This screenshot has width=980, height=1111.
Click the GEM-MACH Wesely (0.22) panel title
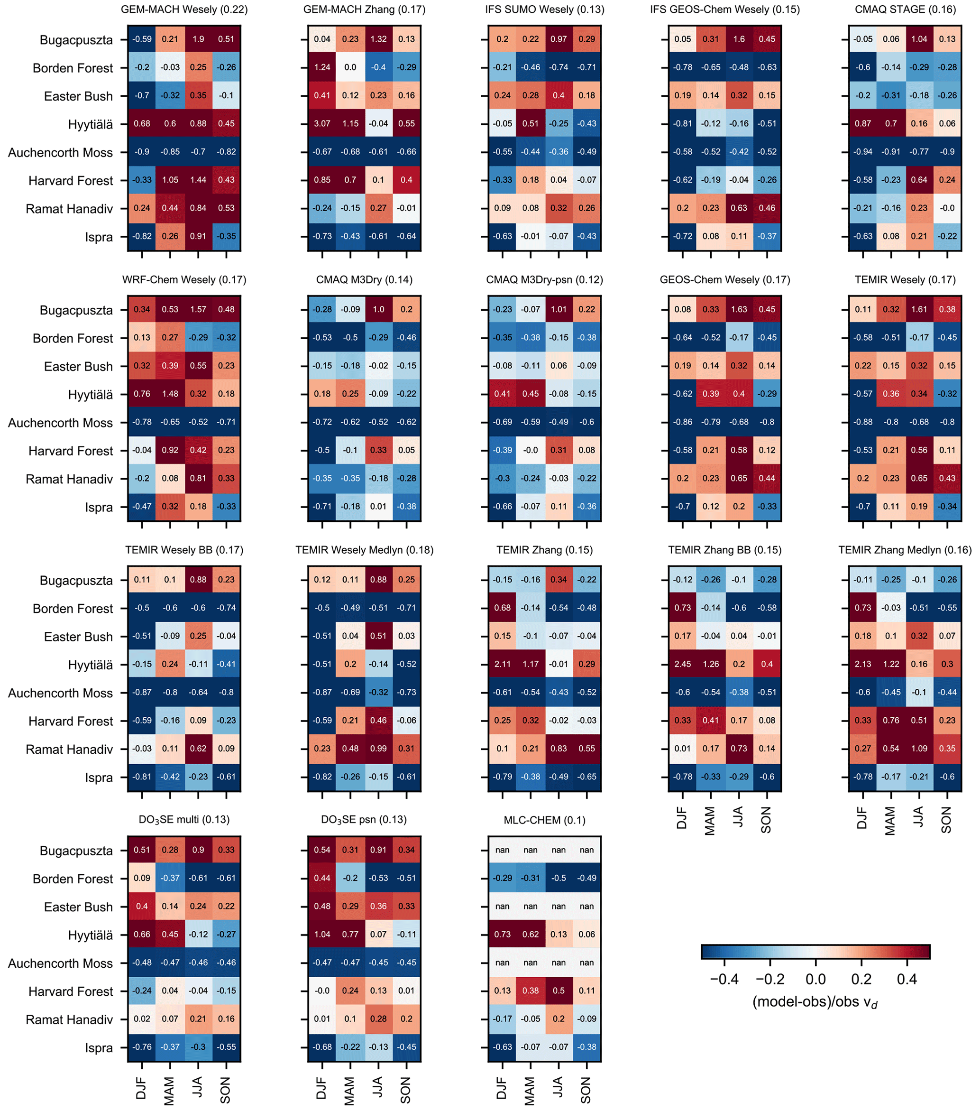click(x=184, y=10)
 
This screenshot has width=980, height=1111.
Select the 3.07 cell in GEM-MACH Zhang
click(x=322, y=123)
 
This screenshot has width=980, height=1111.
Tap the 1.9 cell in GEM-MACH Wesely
click(x=198, y=39)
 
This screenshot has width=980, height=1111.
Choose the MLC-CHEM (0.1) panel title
click(x=544, y=820)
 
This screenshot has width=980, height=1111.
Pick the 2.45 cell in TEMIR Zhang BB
click(x=682, y=664)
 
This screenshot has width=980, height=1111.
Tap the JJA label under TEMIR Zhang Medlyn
click(x=918, y=817)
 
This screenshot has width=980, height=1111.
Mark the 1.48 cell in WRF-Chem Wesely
click(x=170, y=394)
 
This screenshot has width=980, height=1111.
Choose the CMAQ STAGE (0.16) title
click(x=905, y=10)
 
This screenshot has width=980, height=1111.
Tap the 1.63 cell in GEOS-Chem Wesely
click(x=739, y=309)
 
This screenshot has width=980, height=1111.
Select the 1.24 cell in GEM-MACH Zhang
click(x=322, y=67)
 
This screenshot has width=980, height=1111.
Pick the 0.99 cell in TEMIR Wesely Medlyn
click(x=379, y=749)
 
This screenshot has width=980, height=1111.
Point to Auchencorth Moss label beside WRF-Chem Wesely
click(x=60, y=423)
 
